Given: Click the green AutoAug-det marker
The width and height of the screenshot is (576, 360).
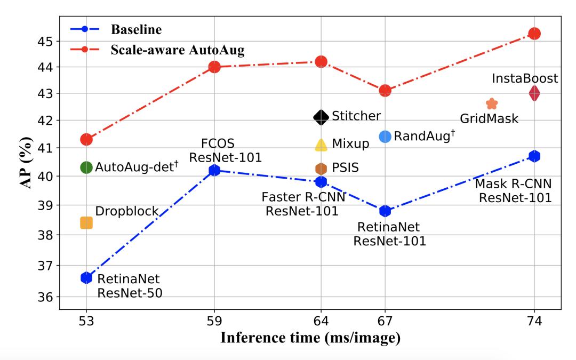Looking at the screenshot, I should pyautogui.click(x=86, y=167).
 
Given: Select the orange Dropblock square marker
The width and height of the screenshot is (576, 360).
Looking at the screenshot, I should pyautogui.click(x=86, y=223).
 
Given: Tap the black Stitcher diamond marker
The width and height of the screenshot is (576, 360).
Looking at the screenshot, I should pyautogui.click(x=321, y=117).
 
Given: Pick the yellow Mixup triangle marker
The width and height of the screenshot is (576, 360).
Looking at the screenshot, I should pyautogui.click(x=321, y=144).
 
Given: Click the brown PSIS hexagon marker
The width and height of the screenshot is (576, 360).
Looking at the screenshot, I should pyautogui.click(x=321, y=169).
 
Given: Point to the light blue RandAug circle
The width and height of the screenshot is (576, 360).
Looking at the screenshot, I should pyautogui.click(x=385, y=137).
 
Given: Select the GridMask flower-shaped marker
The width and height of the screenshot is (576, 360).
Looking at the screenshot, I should pyautogui.click(x=492, y=103).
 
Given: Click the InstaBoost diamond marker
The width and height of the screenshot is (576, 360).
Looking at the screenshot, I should pyautogui.click(x=534, y=93).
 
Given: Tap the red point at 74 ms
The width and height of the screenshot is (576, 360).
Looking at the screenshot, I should pyautogui.click(x=534, y=34).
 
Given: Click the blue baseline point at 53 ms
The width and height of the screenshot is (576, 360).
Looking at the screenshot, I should pyautogui.click(x=86, y=277).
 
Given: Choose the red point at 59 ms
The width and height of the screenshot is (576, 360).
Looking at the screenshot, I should pyautogui.click(x=214, y=67).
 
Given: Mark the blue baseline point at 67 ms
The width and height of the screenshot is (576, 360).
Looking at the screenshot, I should pyautogui.click(x=385, y=211).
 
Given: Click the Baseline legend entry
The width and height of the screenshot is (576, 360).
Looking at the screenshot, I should pyautogui.click(x=136, y=29).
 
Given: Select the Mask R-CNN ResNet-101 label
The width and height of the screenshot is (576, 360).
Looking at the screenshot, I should pyautogui.click(x=513, y=191).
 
